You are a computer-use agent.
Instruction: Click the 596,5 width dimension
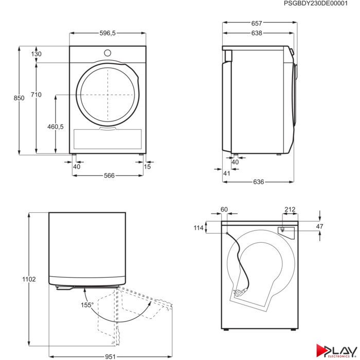point(107,33)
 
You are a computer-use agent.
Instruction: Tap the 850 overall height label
point(19,98)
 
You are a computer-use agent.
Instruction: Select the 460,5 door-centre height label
point(56,127)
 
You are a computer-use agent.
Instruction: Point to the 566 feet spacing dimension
point(109,176)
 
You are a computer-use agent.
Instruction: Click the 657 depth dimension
point(257,24)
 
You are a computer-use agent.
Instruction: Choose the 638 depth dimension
point(257,33)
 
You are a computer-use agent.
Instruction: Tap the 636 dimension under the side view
point(258,182)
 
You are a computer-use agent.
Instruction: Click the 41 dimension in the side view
point(226,173)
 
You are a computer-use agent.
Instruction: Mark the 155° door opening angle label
point(87,305)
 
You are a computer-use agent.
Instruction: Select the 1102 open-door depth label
point(29,279)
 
